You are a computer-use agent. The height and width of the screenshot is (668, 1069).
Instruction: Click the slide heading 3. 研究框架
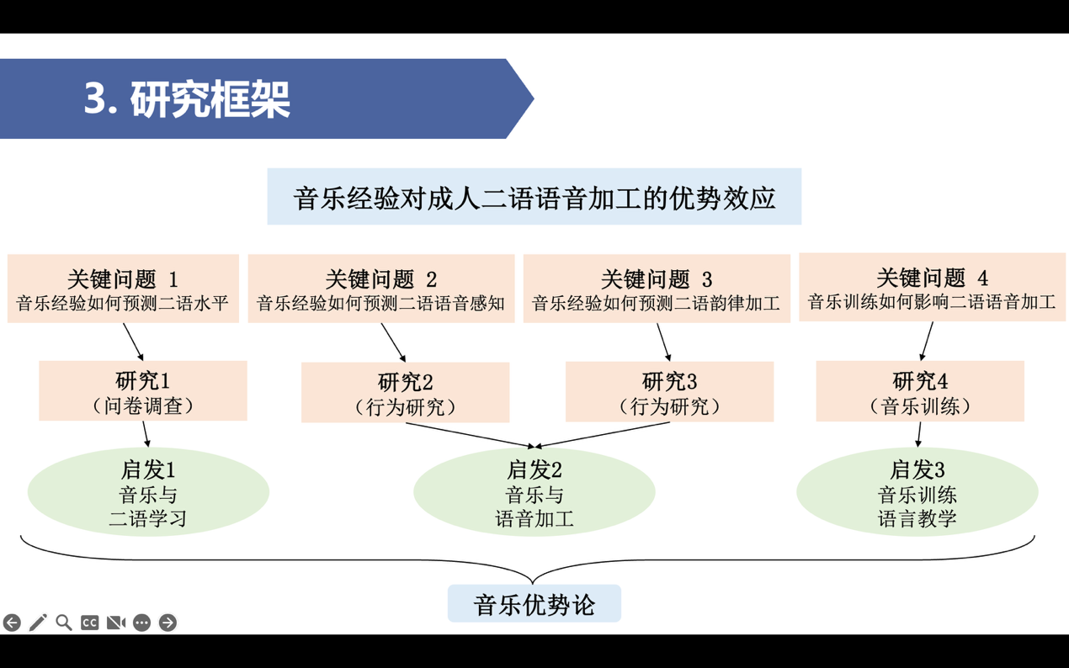pyautogui.click(x=187, y=99)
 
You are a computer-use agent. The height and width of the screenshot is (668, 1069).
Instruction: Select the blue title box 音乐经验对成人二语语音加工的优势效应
pyautogui.click(x=534, y=197)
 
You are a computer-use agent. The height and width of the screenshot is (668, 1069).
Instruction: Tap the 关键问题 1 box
pyautogui.click(x=123, y=289)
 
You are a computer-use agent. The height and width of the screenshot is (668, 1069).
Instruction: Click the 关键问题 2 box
pyautogui.click(x=380, y=289)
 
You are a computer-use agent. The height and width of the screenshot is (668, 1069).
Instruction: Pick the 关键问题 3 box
pyautogui.click(x=656, y=289)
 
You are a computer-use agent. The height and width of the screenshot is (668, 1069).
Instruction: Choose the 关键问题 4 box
pyautogui.click(x=931, y=288)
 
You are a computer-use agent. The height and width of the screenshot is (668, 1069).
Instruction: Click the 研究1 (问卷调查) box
pyautogui.click(x=143, y=391)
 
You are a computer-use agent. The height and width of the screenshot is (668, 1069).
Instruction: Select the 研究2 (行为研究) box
pyautogui.click(x=405, y=393)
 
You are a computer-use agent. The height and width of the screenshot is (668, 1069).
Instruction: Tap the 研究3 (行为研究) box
pyautogui.click(x=669, y=392)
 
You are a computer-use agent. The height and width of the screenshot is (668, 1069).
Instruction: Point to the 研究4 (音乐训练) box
pyautogui.click(x=919, y=392)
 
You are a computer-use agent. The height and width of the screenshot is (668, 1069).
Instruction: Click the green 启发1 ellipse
pyautogui.click(x=148, y=493)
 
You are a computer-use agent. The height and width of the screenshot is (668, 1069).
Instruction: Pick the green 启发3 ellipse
pyautogui.click(x=917, y=493)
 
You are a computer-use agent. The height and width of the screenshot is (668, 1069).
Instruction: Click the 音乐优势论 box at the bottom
pyautogui.click(x=534, y=604)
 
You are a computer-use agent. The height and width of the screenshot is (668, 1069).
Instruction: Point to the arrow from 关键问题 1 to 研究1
pyautogui.click(x=134, y=342)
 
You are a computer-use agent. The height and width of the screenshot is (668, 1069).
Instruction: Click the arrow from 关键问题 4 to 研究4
pyautogui.click(x=927, y=341)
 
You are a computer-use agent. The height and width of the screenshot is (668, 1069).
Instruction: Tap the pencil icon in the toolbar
pyautogui.click(x=38, y=623)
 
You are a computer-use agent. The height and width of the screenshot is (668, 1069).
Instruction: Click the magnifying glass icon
pyautogui.click(x=64, y=623)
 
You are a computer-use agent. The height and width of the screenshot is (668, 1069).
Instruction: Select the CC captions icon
pyautogui.click(x=90, y=623)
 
